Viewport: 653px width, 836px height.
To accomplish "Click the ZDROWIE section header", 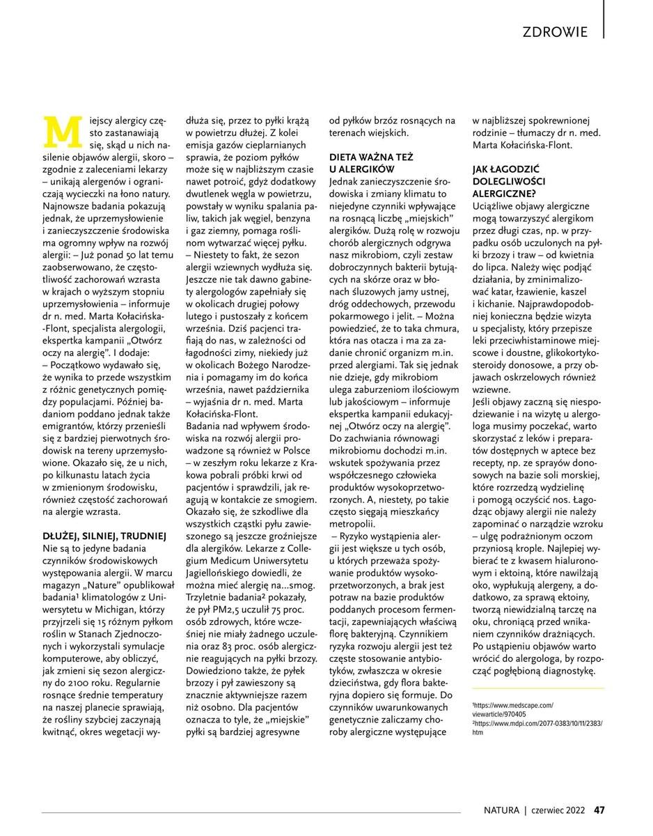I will pyautogui.click(x=554, y=31).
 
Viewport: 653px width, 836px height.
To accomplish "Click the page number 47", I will pyautogui.click(x=599, y=810).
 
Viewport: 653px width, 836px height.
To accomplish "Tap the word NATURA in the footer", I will pyautogui.click(x=502, y=810).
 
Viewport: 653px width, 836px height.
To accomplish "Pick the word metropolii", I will pyautogui.click(x=352, y=522).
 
